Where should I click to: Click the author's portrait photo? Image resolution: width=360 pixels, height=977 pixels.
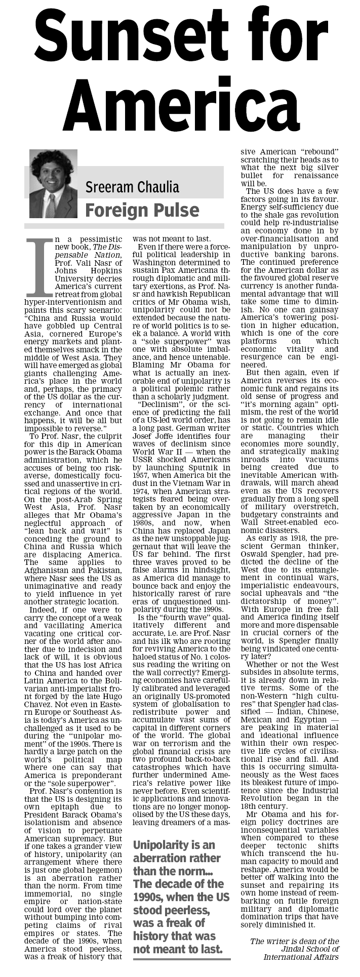coord(53,183)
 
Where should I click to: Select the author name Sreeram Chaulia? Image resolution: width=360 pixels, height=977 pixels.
coord(132,187)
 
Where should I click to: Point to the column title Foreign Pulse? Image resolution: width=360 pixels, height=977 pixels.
coord(142,210)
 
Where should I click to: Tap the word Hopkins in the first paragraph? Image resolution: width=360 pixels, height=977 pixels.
coord(106,271)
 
